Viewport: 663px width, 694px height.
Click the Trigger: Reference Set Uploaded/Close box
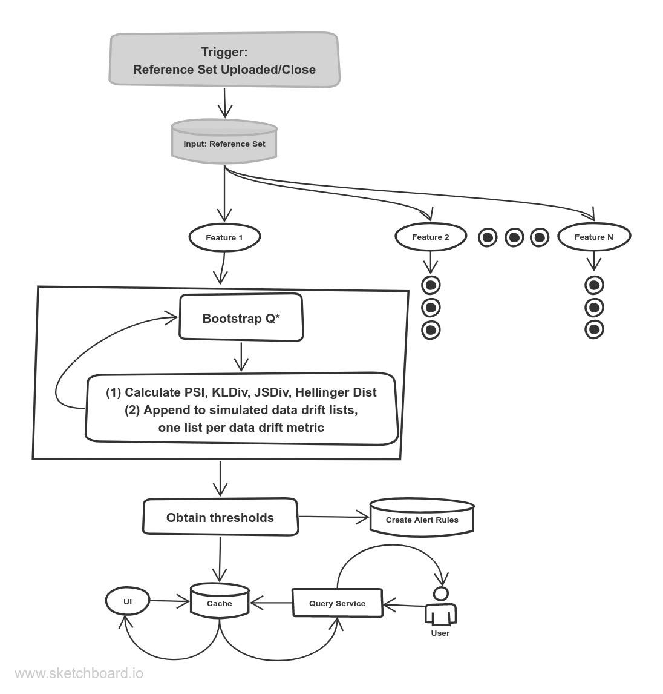224,61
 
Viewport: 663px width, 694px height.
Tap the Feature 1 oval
224,237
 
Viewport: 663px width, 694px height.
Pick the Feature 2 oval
430,237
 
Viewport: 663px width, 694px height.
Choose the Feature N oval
593,237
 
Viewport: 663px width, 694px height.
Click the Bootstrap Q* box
241,318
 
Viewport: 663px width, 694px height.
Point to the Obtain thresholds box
220,518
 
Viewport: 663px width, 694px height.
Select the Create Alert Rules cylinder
422,518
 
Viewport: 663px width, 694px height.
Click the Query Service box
337,603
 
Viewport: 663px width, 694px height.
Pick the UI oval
127,601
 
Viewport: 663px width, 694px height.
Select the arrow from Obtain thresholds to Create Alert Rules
333,517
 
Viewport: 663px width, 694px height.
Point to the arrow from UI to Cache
169,601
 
